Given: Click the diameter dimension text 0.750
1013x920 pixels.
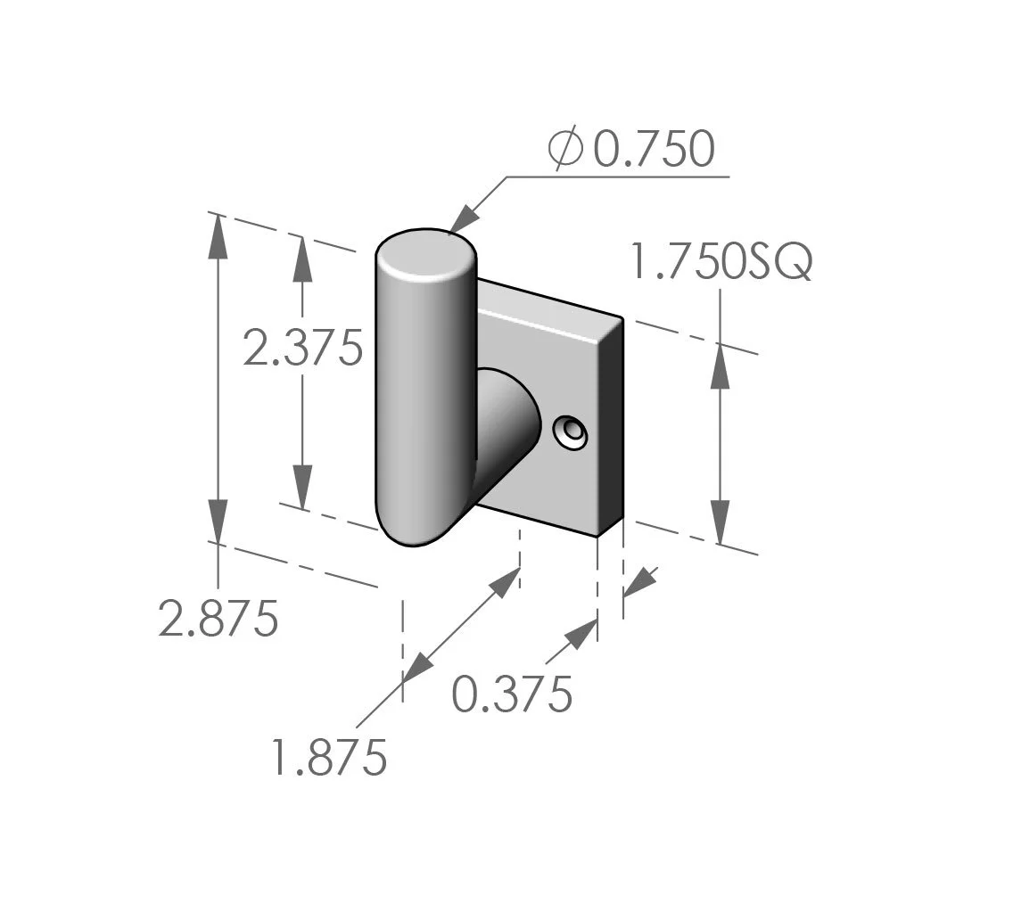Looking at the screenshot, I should click(x=654, y=150).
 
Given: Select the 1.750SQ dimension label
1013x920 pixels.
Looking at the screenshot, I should click(x=721, y=263).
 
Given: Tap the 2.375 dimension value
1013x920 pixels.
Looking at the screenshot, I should click(x=302, y=348).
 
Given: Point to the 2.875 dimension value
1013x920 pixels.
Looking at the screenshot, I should click(x=218, y=618).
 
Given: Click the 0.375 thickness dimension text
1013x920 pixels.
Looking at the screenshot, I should click(x=511, y=694).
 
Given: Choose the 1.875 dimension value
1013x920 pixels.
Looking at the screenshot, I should click(x=330, y=758).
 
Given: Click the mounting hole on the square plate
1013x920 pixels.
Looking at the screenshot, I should click(x=570, y=433).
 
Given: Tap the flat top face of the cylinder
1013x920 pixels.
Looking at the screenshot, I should click(x=424, y=257).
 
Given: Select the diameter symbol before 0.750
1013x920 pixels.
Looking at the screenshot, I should click(x=565, y=149).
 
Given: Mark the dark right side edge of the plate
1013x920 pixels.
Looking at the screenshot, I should click(x=610, y=428).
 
